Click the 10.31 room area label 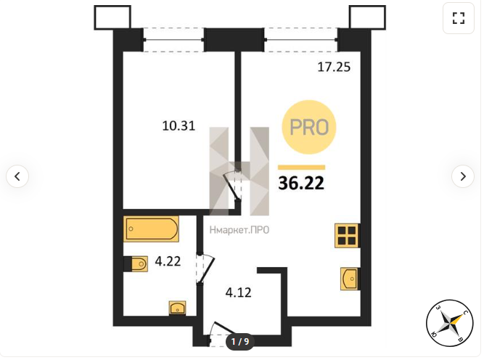pyautogui.click(x=179, y=126)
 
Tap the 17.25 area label pyautogui.click(x=334, y=67)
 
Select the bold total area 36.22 pyautogui.click(x=301, y=183)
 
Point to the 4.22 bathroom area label pyautogui.click(x=168, y=261)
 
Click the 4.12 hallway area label pyautogui.click(x=238, y=292)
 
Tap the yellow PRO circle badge pyautogui.click(x=308, y=127)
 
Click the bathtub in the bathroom pyautogui.click(x=151, y=229)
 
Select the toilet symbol pyautogui.click(x=136, y=264)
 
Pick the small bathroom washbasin pyautogui.click(x=178, y=308)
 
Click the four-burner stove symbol pyautogui.click(x=348, y=236)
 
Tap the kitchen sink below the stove pyautogui.click(x=350, y=279)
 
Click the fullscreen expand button pyautogui.click(x=459, y=18)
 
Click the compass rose pyautogui.click(x=449, y=324)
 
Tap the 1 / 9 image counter pyautogui.click(x=240, y=341)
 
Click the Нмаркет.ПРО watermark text pyautogui.click(x=239, y=230)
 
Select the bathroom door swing pyautogui.click(x=205, y=268)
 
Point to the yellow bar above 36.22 pyautogui.click(x=302, y=168)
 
